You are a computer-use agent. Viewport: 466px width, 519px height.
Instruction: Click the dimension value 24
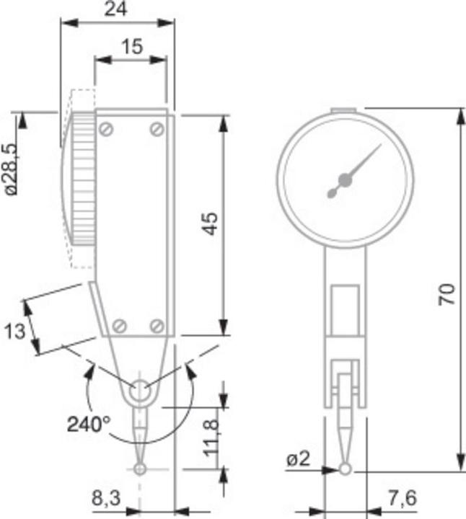click(x=115, y=9)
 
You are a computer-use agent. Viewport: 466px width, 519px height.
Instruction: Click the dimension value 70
click(x=447, y=293)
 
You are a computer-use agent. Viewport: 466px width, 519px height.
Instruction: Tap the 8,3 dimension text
click(x=106, y=498)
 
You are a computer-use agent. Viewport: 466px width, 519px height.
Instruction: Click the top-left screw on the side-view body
click(x=107, y=129)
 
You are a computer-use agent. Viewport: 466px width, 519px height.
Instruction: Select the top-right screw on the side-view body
click(x=157, y=129)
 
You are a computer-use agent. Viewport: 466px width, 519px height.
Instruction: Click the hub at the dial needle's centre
click(x=343, y=180)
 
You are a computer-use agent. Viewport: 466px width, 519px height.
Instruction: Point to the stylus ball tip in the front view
click(x=346, y=470)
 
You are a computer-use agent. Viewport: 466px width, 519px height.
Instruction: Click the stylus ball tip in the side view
click(x=140, y=469)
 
